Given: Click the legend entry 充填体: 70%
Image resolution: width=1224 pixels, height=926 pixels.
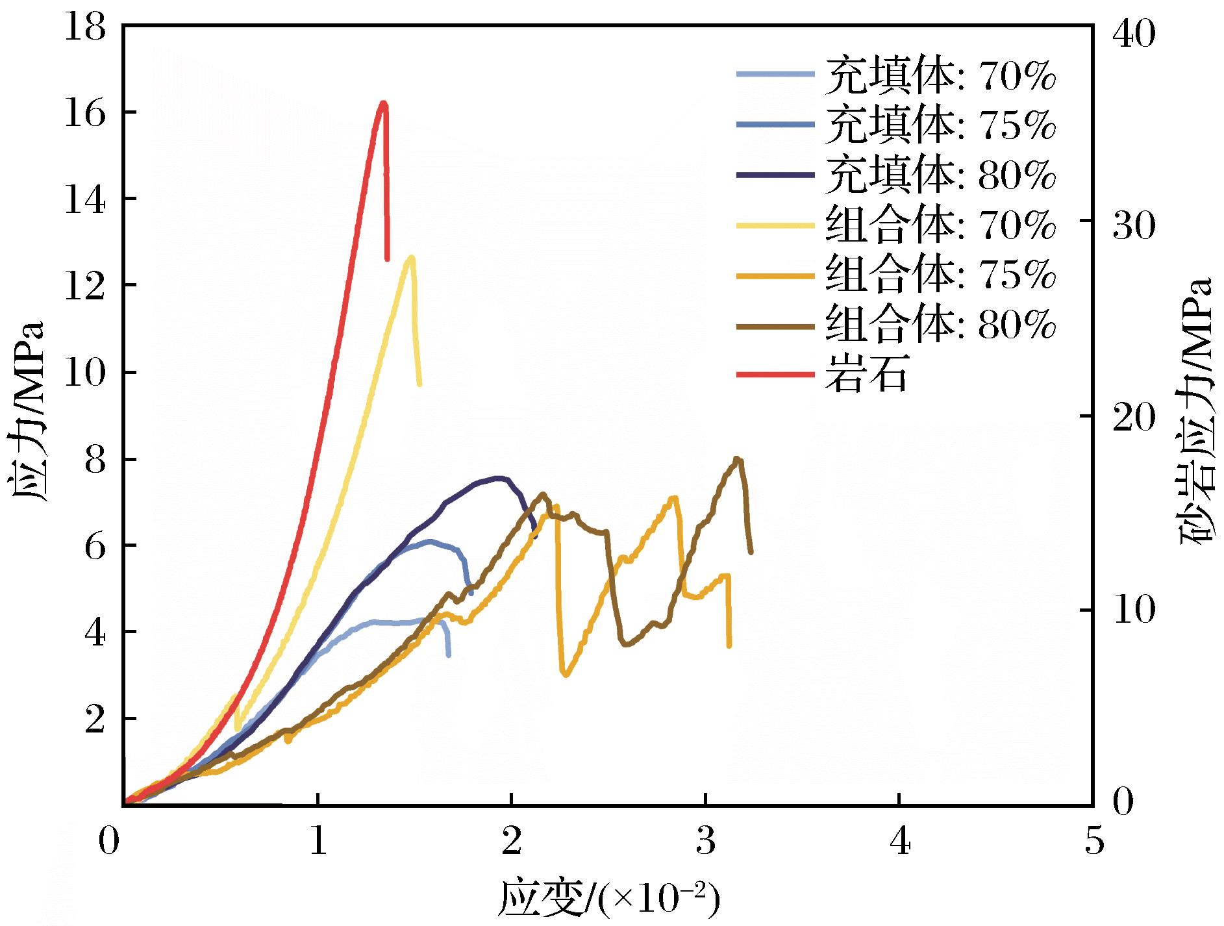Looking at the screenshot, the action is click(896, 75).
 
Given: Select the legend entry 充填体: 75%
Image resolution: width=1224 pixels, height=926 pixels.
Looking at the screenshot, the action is click(896, 125).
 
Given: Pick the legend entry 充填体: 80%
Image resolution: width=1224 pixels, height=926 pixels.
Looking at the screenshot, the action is click(896, 175).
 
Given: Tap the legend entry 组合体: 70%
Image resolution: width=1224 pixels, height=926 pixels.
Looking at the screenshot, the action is click(896, 225).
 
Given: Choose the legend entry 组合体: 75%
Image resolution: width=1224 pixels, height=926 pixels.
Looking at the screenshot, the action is click(896, 275).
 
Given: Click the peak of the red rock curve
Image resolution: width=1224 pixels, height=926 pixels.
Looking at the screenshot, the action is click(383, 103).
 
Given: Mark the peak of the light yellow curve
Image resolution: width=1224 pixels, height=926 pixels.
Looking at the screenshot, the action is click(410, 257).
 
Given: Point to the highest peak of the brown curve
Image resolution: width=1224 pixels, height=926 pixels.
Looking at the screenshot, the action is click(737, 459).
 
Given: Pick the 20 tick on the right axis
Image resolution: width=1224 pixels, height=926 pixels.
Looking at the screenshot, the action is click(1134, 418).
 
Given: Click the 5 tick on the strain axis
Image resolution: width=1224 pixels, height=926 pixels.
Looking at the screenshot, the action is click(1093, 842).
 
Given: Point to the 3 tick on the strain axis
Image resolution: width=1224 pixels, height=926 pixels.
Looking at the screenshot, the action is click(706, 842).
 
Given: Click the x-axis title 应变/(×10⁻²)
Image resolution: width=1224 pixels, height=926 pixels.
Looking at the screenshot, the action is click(609, 899).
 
